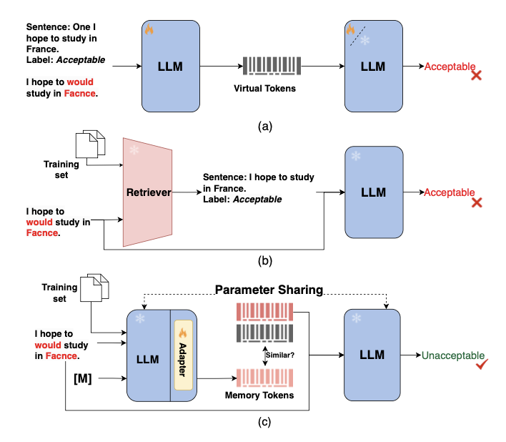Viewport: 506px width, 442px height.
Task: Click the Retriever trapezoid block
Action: click(x=149, y=192)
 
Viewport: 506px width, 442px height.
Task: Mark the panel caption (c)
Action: click(x=265, y=422)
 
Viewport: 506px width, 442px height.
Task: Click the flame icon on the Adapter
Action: click(x=182, y=333)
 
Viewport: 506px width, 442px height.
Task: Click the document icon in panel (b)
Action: click(x=94, y=143)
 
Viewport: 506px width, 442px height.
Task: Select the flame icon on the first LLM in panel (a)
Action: click(x=149, y=30)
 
